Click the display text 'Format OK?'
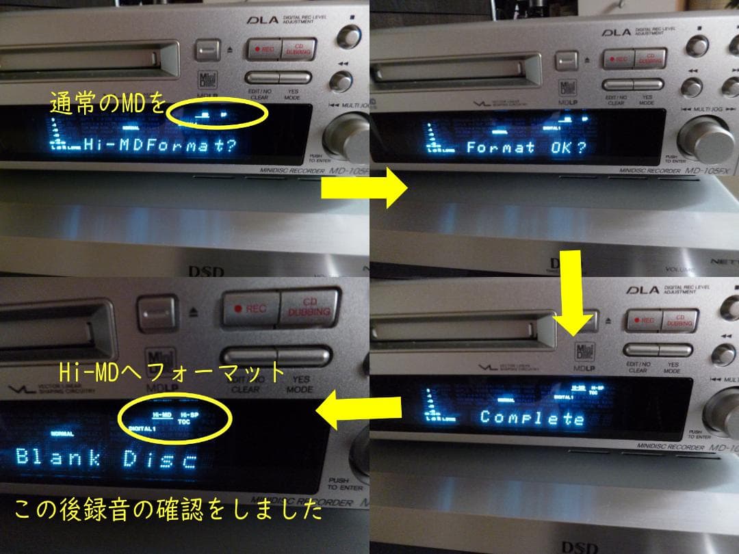click(526, 147)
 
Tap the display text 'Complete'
click(532, 417)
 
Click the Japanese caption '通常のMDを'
click(108, 104)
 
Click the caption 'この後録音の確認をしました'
click(163, 512)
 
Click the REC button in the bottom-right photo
click(645, 320)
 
